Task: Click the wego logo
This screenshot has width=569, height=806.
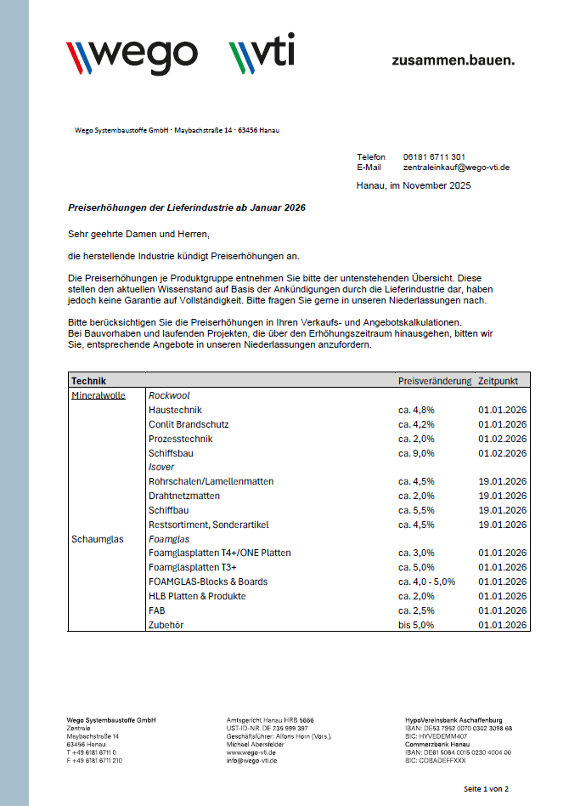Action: pos(132,55)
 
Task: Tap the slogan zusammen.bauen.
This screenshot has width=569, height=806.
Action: pos(453,60)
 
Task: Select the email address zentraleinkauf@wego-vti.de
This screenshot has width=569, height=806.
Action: pos(456,167)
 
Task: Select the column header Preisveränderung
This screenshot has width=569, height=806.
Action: pos(434,381)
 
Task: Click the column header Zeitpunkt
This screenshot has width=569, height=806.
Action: pos(499,381)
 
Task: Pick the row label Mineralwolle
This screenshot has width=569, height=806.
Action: pos(98,395)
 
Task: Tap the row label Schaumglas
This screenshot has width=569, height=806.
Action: pos(97,539)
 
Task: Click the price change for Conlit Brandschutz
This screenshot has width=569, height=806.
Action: pos(416,424)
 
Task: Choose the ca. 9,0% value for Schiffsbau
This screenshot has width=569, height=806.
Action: pos(416,453)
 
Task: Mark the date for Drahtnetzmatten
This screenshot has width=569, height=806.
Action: pos(503,496)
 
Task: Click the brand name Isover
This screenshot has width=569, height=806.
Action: pos(162,467)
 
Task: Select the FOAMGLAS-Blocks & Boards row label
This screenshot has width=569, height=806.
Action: pos(208,582)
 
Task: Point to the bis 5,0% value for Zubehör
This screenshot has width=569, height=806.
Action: pos(416,625)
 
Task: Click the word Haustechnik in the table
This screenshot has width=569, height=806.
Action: pos(175,410)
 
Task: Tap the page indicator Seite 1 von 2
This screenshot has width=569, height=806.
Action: pos(486,789)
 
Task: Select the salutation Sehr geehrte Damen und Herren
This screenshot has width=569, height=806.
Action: pos(138,233)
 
